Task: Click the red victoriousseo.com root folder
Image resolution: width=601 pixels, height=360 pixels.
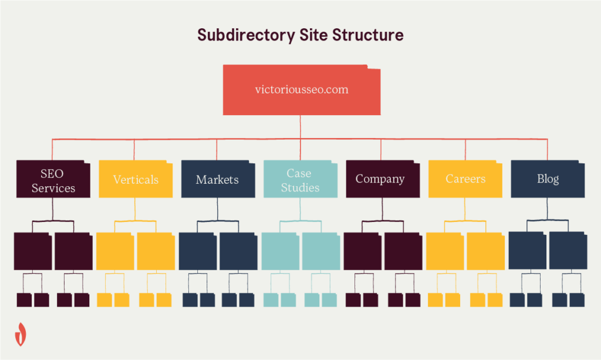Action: [x=301, y=90]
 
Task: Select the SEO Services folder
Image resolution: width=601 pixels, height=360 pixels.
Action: [x=53, y=180]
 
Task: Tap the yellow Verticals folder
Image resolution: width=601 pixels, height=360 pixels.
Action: [x=136, y=179]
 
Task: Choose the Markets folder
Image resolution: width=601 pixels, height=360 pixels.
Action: [x=218, y=179]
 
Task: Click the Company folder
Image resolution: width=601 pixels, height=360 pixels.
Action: [x=380, y=179]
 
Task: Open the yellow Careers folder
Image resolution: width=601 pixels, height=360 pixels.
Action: [x=465, y=179]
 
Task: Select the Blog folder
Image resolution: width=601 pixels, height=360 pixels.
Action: [x=548, y=179]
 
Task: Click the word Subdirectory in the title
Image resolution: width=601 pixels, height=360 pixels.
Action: [x=247, y=35]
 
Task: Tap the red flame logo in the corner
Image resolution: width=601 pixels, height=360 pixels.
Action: [x=21, y=333]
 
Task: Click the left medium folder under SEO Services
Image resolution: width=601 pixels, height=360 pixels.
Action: [x=33, y=251]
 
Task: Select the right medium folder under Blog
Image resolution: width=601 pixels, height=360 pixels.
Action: [x=568, y=250]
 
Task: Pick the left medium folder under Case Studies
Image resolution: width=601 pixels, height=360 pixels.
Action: [x=281, y=251]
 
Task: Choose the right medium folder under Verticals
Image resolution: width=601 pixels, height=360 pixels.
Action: [x=156, y=251]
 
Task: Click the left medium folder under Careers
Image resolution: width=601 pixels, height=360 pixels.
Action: [x=445, y=251]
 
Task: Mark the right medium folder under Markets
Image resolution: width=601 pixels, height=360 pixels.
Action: [x=238, y=251]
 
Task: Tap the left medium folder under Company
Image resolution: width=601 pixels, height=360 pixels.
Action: [x=363, y=251]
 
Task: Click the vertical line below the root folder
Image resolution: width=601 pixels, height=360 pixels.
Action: [x=300, y=126]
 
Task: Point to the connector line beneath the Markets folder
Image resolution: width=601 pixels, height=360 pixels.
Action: [x=218, y=209]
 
